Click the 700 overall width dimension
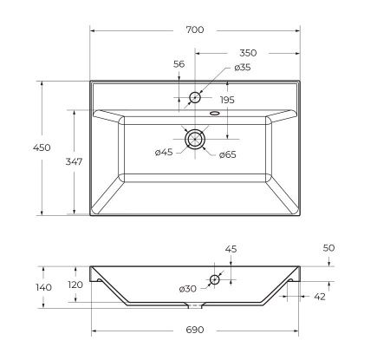(x=195, y=29)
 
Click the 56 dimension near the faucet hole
(x=179, y=64)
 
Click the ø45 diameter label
(x=164, y=154)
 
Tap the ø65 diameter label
(x=228, y=154)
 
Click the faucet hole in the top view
(x=195, y=96)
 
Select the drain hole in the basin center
(x=195, y=138)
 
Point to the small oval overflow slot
(x=213, y=113)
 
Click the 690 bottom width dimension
(x=195, y=330)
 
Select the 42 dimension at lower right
(x=320, y=297)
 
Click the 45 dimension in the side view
(x=230, y=249)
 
